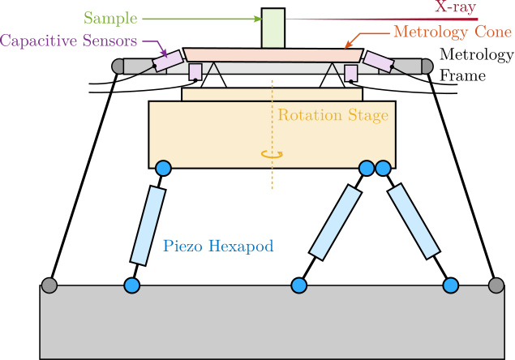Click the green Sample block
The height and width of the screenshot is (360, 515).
pos(273,28)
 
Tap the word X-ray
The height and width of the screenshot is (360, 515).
pos(454,8)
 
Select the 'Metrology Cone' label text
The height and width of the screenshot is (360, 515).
pos(452,33)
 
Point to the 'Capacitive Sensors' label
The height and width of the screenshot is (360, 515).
pos(71,40)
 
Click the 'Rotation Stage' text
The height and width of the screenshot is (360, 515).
pos(333,115)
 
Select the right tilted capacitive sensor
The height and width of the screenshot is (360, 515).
pos(378,60)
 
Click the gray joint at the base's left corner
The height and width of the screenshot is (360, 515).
pos(49,285)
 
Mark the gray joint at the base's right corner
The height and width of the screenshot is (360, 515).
pos(496,285)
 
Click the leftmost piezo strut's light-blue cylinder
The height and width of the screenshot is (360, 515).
pos(147,225)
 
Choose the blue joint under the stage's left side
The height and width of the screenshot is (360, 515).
pos(163,169)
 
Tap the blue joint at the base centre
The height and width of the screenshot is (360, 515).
pos(298,285)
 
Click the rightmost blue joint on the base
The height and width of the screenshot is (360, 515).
pos(450,285)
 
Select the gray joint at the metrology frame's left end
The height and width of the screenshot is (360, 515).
pos(118,66)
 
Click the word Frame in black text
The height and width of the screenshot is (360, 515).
pos(462,76)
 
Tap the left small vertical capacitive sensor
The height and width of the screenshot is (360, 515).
pos(195,73)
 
